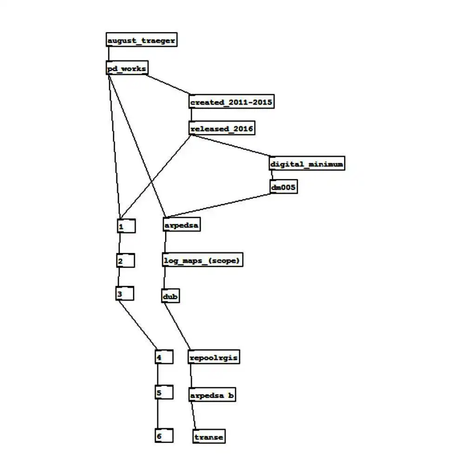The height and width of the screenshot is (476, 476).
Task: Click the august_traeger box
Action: pyautogui.click(x=141, y=40)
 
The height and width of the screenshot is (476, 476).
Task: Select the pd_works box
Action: pyautogui.click(x=127, y=69)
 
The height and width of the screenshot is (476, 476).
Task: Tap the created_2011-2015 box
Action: pyautogui.click(x=231, y=102)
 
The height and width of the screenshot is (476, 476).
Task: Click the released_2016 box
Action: pyautogui.click(x=222, y=128)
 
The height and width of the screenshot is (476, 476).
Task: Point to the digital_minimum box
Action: pyautogui.click(x=307, y=164)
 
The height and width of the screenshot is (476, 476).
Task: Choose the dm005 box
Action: pyautogui.click(x=284, y=187)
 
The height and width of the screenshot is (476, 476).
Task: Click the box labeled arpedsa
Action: pyautogui.click(x=181, y=225)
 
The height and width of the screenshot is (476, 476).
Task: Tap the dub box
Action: pyautogui.click(x=171, y=296)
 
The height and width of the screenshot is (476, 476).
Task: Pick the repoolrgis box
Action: pyautogui.click(x=214, y=357)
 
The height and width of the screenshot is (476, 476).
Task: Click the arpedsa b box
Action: pyautogui.click(x=212, y=396)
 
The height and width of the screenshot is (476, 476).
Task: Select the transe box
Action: pyautogui.click(x=209, y=437)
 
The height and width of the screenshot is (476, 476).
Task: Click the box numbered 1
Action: pyautogui.click(x=126, y=226)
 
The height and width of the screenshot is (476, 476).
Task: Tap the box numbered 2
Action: pyautogui.click(x=126, y=261)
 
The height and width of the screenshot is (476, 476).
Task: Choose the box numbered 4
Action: pyautogui.click(x=164, y=357)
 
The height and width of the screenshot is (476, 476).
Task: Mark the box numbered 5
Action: pyautogui.click(x=164, y=393)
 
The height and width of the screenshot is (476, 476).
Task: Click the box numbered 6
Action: pyautogui.click(x=164, y=436)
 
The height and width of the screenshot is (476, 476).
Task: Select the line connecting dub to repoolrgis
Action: pyautogui.click(x=178, y=326)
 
